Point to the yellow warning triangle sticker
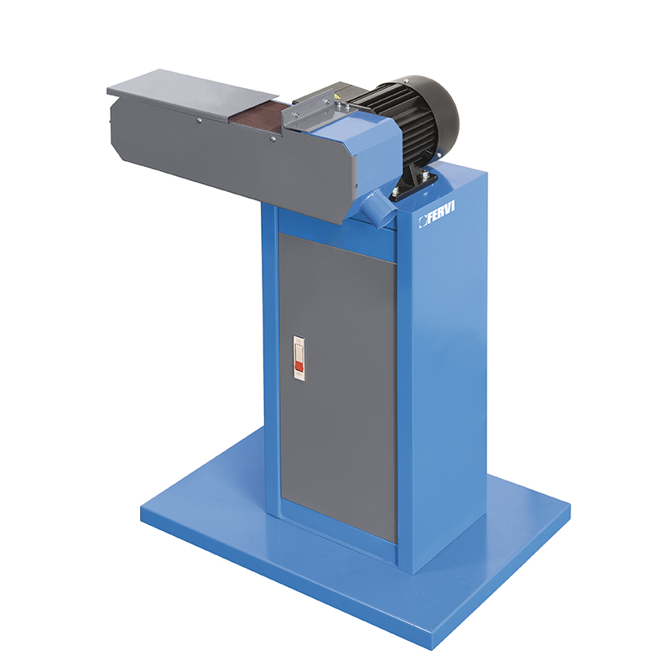(338, 97)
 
